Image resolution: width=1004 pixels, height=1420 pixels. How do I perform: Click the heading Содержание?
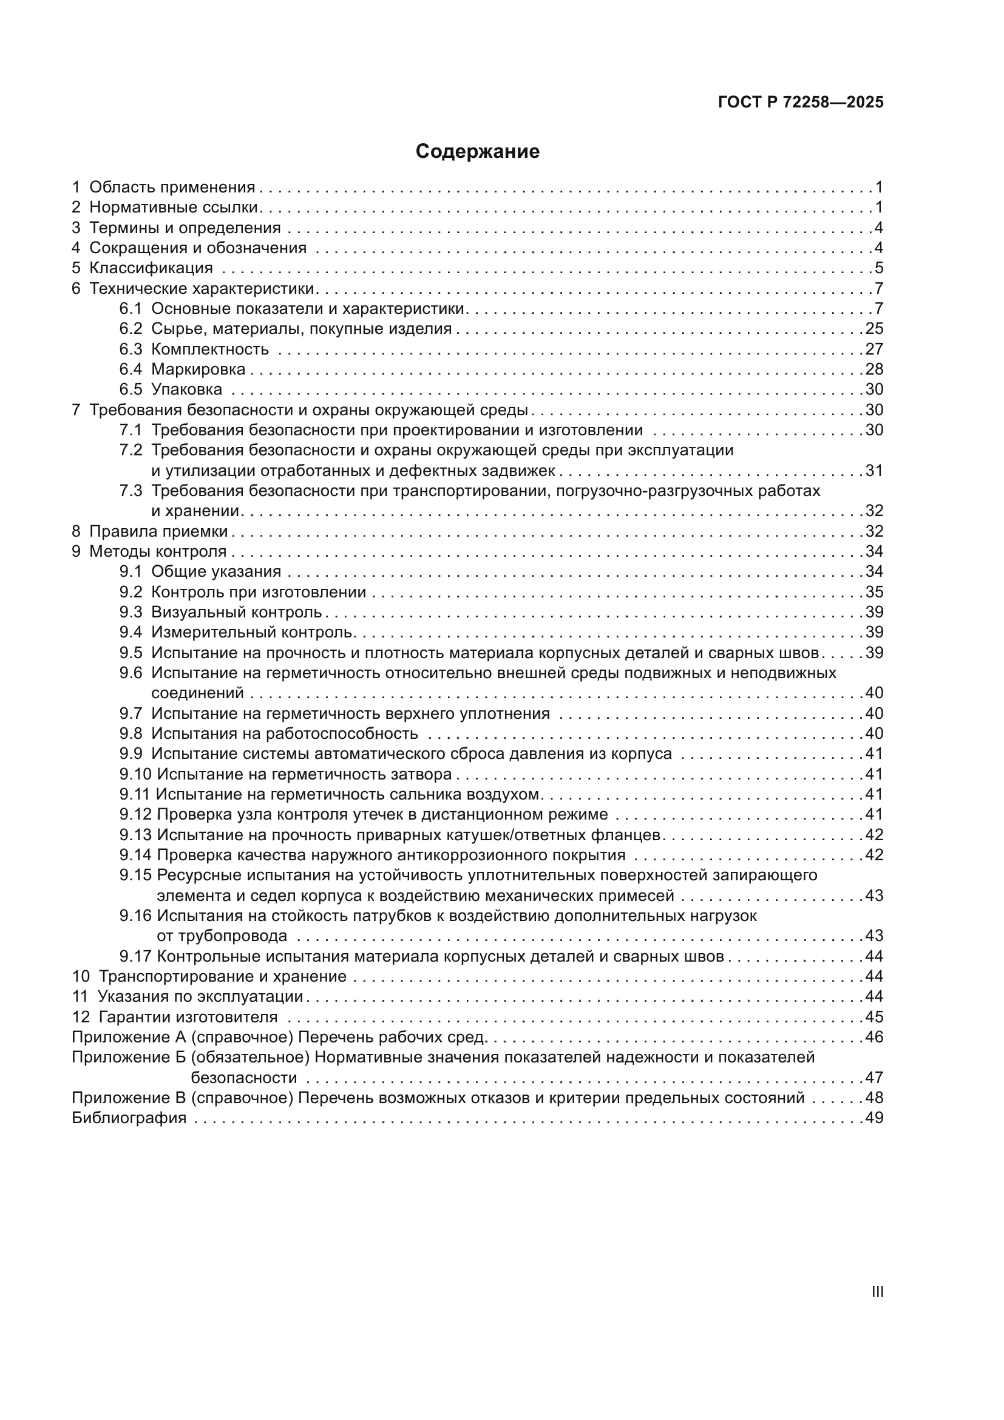477,152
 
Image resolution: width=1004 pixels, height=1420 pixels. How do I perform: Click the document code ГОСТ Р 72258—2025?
801,103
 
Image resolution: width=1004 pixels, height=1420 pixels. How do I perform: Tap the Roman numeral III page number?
877,1292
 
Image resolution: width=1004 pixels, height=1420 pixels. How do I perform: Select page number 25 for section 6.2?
874,329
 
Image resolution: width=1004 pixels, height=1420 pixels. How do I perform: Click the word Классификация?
151,268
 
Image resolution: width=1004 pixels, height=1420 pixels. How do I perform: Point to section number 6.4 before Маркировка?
131,370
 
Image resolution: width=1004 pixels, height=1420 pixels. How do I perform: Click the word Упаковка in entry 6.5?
187,390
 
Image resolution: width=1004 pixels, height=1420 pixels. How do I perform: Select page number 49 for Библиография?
874,1118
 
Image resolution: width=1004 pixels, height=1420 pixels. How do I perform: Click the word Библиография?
129,1118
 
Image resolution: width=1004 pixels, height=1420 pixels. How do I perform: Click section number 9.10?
135,775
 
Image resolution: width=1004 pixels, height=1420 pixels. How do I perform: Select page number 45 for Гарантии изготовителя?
874,1017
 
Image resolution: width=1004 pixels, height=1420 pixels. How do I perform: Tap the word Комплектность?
210,350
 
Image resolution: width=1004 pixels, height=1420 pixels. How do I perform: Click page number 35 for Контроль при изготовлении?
874,593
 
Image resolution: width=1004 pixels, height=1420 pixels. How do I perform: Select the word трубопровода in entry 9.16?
222,936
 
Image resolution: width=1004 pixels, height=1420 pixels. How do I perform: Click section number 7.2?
131,450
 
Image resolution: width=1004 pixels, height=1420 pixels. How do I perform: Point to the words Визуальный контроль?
237,613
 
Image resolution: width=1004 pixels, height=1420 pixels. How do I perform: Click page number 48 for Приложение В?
874,1098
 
